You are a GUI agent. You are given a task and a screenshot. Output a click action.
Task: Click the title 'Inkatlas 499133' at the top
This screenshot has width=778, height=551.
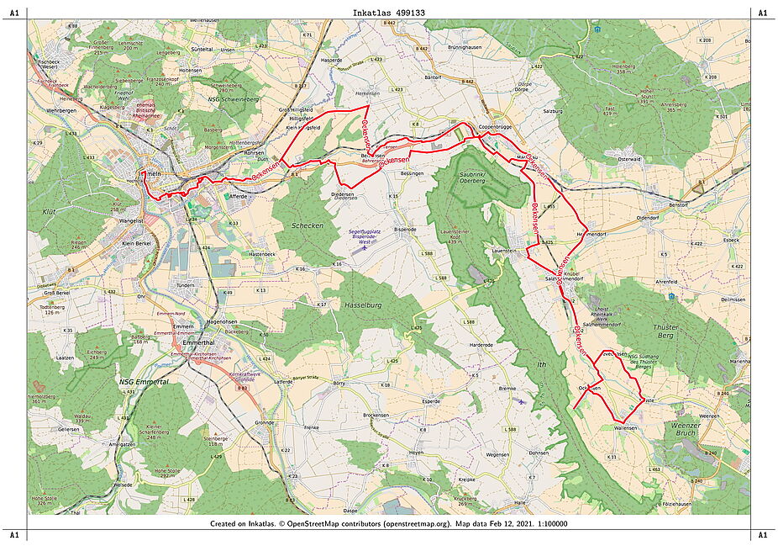388,13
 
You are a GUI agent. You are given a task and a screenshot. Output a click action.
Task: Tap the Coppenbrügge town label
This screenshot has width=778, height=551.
496,126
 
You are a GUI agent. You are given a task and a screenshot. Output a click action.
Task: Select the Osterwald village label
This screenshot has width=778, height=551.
629,158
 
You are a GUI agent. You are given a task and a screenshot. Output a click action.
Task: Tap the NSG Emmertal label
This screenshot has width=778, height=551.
145,381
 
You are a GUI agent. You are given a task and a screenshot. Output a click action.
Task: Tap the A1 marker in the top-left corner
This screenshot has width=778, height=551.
13,13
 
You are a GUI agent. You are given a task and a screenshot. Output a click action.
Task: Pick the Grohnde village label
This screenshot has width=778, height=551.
265,422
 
